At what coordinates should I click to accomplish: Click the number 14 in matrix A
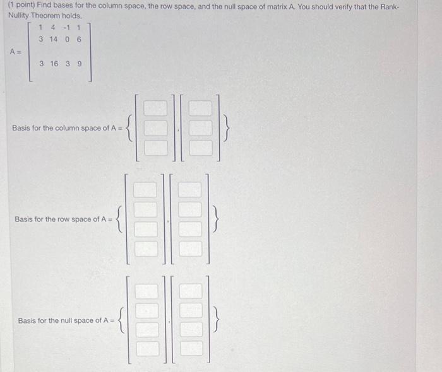pyautogui.click(x=54, y=39)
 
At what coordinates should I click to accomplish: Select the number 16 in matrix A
pyautogui.click(x=54, y=63)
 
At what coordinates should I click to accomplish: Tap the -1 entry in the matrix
pyautogui.click(x=67, y=27)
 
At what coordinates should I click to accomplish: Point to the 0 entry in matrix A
pyautogui.click(x=67, y=39)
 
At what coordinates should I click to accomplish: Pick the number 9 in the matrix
pyautogui.click(x=79, y=63)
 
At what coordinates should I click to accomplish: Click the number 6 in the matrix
pyautogui.click(x=79, y=39)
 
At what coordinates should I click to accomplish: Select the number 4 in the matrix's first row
pyautogui.click(x=54, y=27)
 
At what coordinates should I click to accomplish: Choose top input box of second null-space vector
pyautogui.click(x=191, y=291)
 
